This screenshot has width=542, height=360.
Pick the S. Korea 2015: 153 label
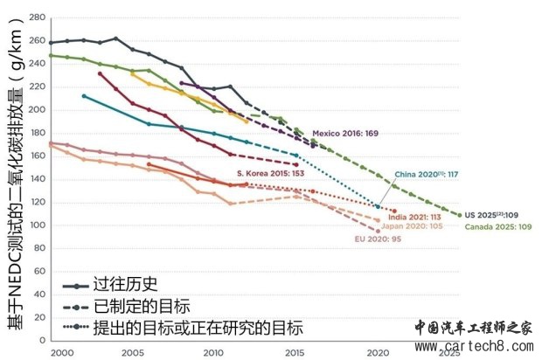[264, 172]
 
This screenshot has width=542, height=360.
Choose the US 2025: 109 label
[502, 214]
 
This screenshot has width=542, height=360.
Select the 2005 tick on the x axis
[133, 352]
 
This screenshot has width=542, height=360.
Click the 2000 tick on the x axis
[60, 352]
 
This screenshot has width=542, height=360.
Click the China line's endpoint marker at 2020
[378, 206]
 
